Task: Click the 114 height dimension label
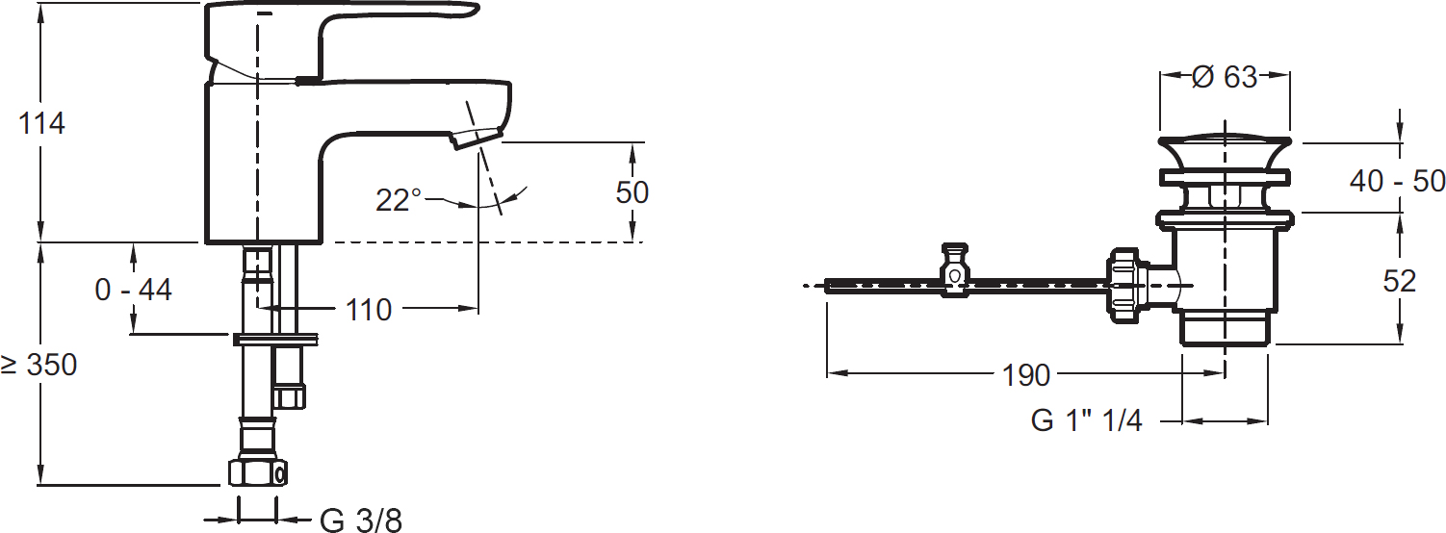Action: tap(42, 123)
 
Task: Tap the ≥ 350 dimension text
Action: tap(39, 366)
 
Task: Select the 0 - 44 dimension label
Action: tap(133, 290)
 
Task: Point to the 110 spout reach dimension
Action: tap(369, 310)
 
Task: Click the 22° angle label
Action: tap(399, 200)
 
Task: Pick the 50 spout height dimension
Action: tap(632, 192)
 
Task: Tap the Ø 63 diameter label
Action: tap(1225, 77)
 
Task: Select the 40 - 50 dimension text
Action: tap(1397, 181)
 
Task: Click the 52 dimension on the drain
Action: tap(1400, 281)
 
